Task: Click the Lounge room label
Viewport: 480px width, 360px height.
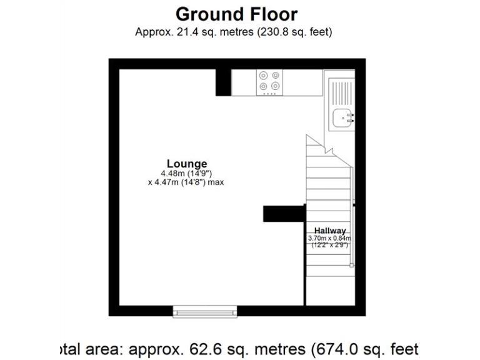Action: click(186, 164)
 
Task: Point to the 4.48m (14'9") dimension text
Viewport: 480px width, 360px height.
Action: click(186, 173)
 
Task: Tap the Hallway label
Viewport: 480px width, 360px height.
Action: click(330, 231)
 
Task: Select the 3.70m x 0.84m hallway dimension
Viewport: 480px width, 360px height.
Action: click(330, 238)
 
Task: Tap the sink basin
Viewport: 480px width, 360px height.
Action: click(342, 117)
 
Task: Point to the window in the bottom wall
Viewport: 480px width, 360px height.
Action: click(205, 310)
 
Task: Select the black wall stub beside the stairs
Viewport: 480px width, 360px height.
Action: click(283, 214)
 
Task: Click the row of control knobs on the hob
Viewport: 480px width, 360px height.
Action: click(269, 94)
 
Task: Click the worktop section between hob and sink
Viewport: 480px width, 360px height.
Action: click(302, 82)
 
